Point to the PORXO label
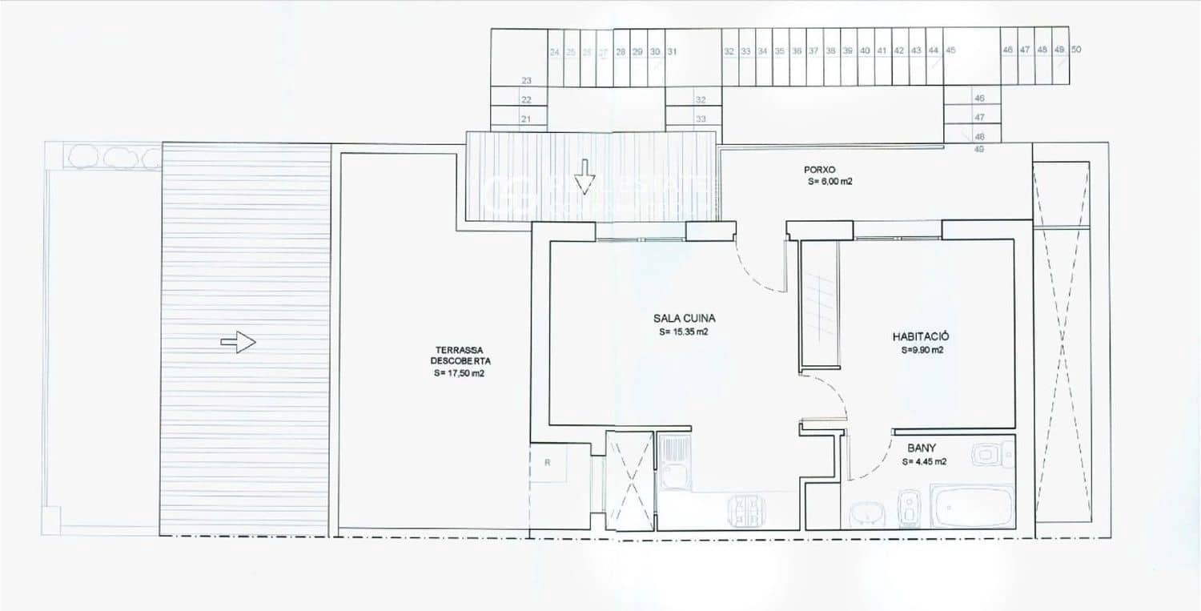pos(821,170)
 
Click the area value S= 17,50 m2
pos(459,373)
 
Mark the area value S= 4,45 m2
pos(925,461)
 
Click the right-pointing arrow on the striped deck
pos(239,343)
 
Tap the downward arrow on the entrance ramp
pos(585,177)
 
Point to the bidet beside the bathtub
pos(909,505)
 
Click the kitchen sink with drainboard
pos(675,462)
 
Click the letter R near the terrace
pos(547,462)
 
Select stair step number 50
pos(1076,50)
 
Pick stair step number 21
pos(526,119)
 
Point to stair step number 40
pos(865,50)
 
